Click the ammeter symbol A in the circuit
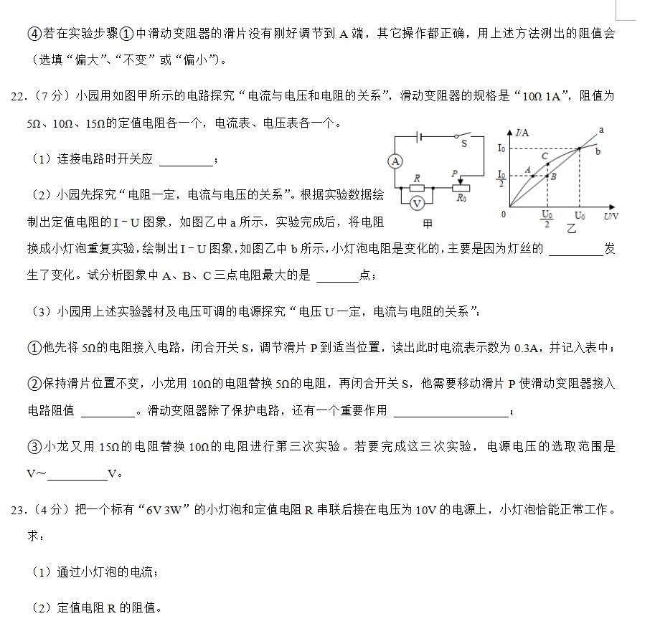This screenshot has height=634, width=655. pos(395,161)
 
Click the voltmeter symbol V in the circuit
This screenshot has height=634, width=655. pos(417,203)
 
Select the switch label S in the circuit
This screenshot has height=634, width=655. pos(464,143)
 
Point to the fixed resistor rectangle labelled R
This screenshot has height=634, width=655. pos(418,189)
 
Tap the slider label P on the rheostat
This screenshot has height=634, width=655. pos(455,174)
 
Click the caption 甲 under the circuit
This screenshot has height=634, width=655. pos(428,224)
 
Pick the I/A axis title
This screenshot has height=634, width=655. pos(522,133)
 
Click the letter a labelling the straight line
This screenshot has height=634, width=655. pos(600,130)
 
